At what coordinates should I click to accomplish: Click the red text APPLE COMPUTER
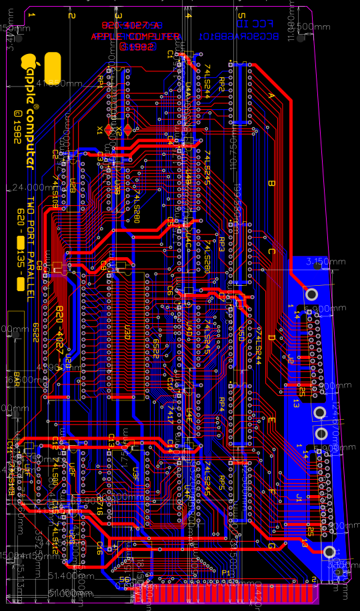point(135,37)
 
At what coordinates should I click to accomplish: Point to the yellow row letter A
point(271,95)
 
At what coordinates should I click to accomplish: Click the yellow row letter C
point(271,251)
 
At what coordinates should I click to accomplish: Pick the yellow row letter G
point(271,546)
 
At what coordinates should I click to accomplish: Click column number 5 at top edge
point(241,15)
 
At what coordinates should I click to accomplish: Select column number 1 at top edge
point(33,15)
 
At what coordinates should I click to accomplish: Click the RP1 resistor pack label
point(101,80)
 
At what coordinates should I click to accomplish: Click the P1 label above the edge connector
point(225,572)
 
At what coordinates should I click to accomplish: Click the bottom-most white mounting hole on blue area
point(328,552)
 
